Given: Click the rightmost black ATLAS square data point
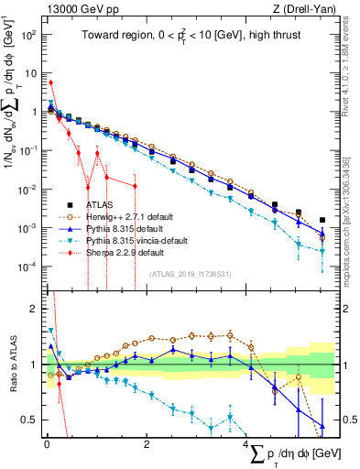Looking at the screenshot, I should (322, 220).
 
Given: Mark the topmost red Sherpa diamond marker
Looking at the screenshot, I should (50, 82).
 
